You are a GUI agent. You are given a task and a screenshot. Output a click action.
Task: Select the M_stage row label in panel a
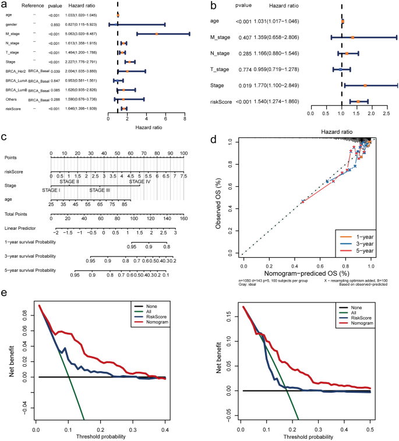tap(14, 34)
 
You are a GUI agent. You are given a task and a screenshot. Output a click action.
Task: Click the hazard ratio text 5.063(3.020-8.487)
tap(82, 34)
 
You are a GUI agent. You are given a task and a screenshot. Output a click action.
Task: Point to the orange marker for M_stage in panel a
tap(157, 34)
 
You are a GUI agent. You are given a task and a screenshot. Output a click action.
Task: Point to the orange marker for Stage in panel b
tap(365, 85)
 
